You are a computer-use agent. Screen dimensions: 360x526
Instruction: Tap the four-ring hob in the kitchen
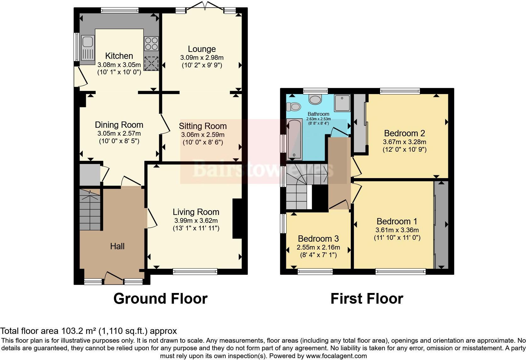(151, 44)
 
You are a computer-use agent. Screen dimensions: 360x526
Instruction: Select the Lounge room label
(202, 49)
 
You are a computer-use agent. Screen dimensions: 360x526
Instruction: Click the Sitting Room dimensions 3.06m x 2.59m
(203, 135)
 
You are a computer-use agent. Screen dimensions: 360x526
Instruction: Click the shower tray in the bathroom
(342, 103)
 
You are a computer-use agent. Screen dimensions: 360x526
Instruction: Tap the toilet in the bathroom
(295, 107)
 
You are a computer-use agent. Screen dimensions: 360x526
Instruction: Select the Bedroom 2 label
(404, 133)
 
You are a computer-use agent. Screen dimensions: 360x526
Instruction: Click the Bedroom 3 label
(318, 239)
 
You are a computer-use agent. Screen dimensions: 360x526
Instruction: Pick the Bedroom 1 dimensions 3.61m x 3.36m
(397, 230)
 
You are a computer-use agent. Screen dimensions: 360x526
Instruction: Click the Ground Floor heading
(160, 299)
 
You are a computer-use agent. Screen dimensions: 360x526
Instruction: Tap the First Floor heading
(367, 299)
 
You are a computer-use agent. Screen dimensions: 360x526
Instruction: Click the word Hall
(117, 246)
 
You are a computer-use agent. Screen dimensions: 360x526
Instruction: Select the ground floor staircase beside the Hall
(90, 210)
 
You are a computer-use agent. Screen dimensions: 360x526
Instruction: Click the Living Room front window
(195, 271)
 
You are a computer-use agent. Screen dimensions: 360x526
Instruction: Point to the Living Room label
(196, 212)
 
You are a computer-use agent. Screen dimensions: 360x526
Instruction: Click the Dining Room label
(119, 125)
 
